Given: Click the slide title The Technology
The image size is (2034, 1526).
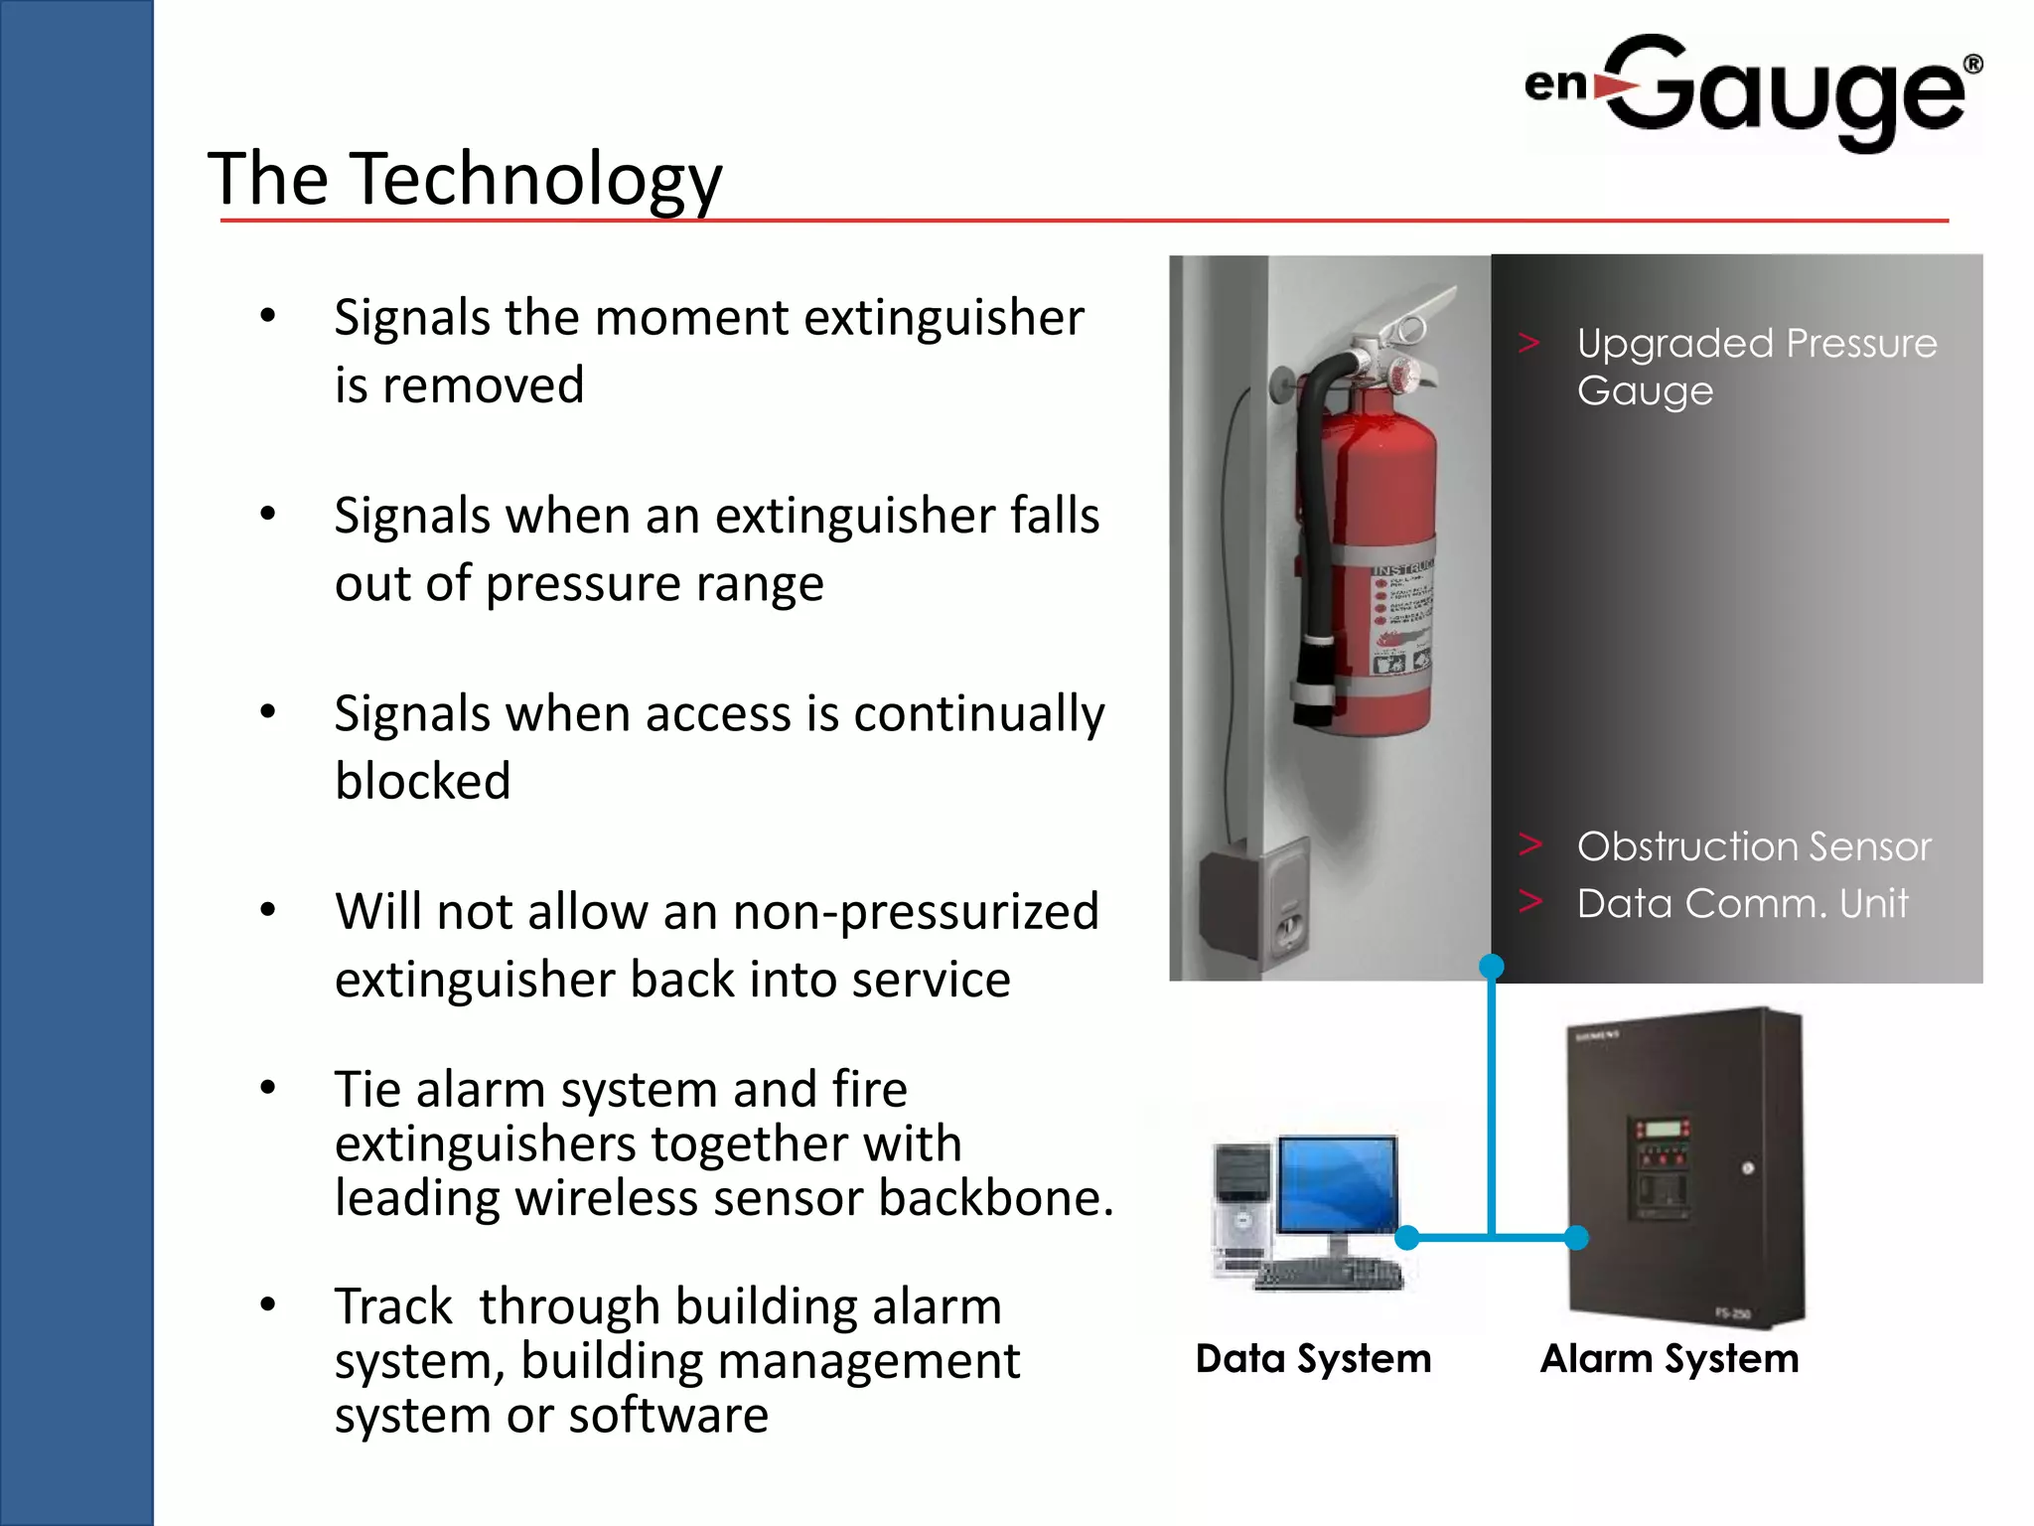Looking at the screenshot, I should tap(465, 179).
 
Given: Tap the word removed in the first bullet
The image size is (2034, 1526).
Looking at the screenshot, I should tap(484, 385).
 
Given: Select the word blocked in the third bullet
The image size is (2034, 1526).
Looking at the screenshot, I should tap(423, 781).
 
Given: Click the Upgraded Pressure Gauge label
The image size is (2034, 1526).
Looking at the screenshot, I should tap(1755, 366).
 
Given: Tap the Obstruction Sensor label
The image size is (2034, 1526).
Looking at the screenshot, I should tap(1754, 846).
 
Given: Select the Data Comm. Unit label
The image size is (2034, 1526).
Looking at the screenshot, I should tap(1742, 903).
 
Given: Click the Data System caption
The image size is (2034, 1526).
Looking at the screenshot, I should tap(1313, 1358).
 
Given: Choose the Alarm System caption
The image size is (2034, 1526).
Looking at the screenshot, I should tap(1670, 1358).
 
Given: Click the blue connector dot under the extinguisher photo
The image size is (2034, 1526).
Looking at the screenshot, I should tap(1491, 966).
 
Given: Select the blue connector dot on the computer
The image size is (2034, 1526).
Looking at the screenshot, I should tap(1407, 1237).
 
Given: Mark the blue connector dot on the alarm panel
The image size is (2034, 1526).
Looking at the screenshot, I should tap(1576, 1237).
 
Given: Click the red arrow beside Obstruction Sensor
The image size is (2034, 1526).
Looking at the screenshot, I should tap(1529, 844).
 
